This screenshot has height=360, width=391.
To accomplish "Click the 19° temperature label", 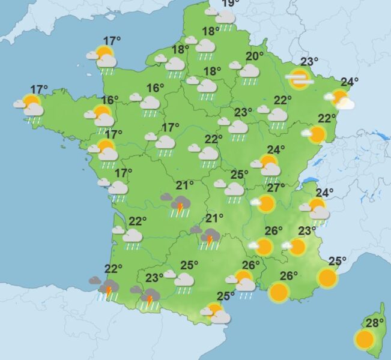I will [x=228, y=4].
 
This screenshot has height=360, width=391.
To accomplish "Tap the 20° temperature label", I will [x=255, y=56].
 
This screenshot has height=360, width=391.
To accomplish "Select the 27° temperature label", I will [x=276, y=188].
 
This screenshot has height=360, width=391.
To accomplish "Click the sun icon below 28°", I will [x=364, y=340].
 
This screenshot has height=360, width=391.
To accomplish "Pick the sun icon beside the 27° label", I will [x=265, y=204].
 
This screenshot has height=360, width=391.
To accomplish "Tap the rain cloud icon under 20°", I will [x=248, y=71].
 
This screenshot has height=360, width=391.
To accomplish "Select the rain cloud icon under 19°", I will [x=225, y=18].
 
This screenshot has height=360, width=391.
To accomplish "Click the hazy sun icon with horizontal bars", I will [x=299, y=77].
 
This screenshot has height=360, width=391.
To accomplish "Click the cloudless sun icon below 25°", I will [x=327, y=278].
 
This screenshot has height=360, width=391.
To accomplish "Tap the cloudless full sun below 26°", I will [x=279, y=292].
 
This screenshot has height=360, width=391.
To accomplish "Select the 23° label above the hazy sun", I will [x=309, y=61].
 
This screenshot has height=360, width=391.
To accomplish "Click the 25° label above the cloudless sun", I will [x=337, y=261].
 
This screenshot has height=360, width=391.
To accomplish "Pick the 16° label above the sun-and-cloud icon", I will [x=110, y=100].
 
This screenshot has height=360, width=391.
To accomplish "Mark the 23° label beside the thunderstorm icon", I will [x=154, y=278].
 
